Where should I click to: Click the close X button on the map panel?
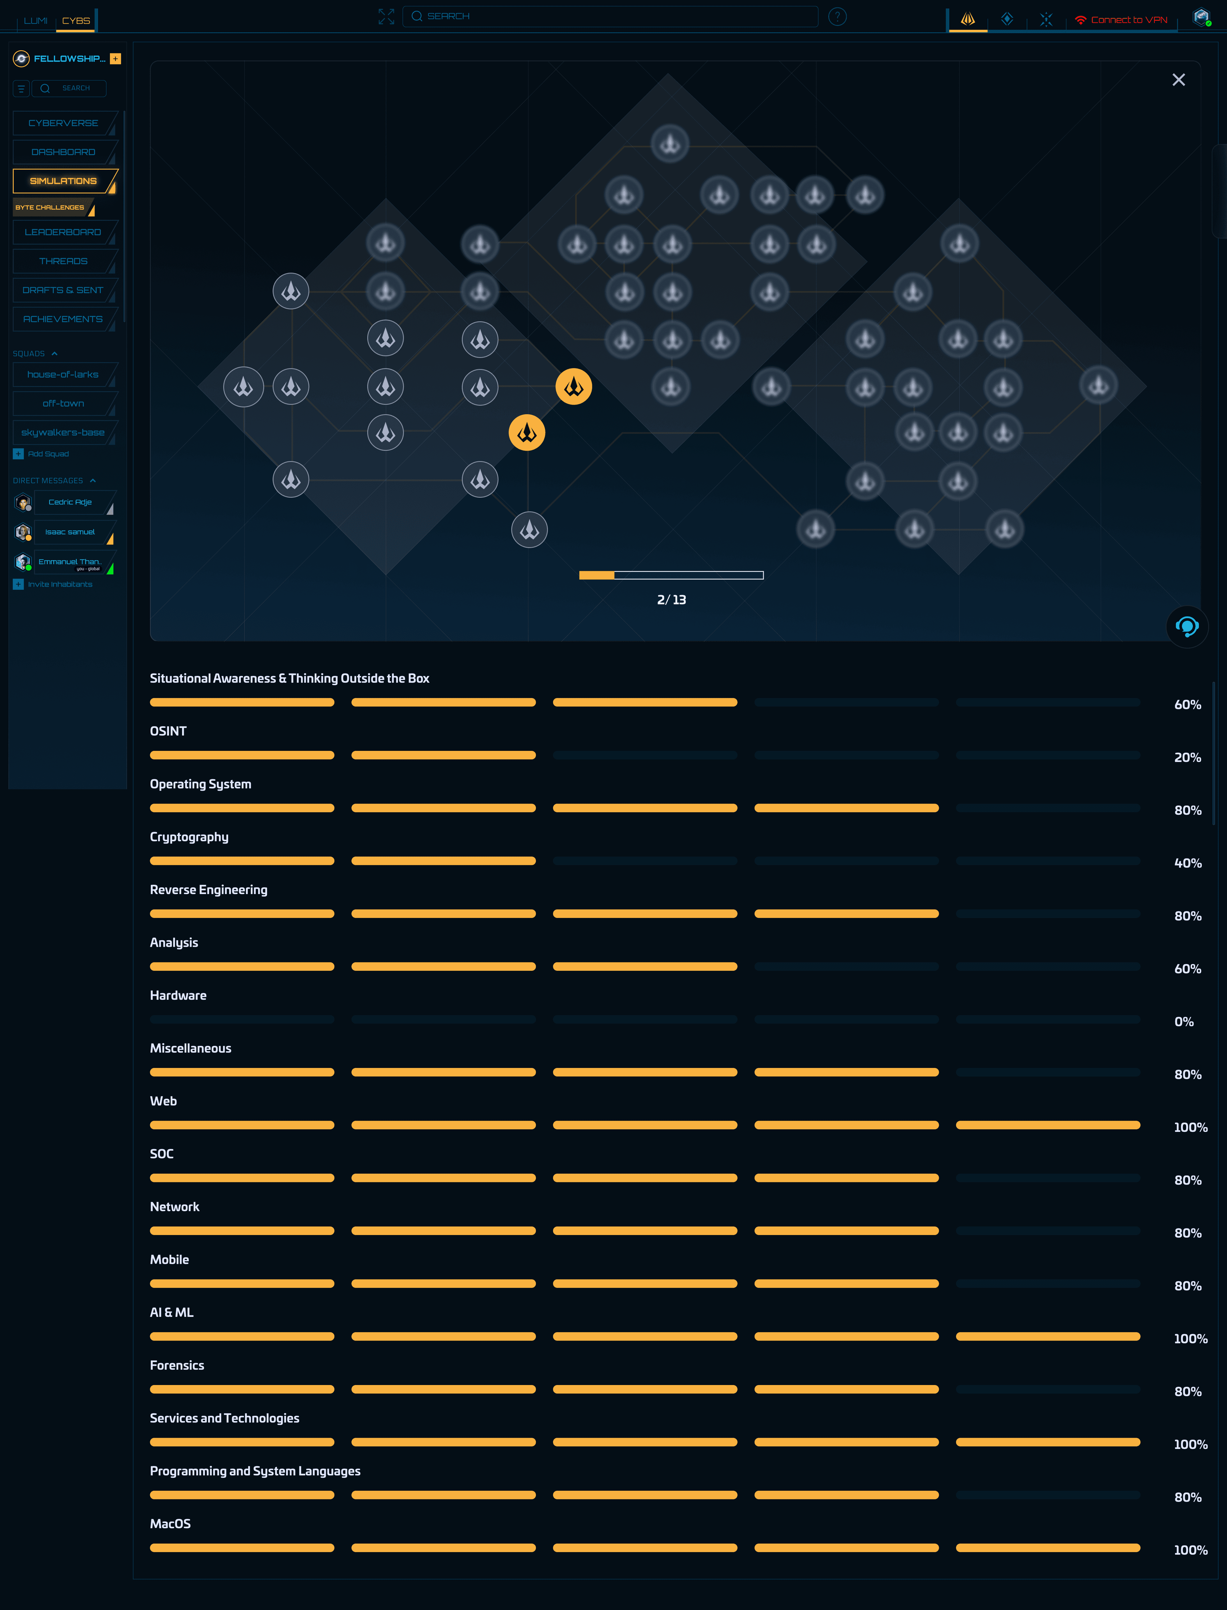tap(1178, 80)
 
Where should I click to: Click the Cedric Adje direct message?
tap(70, 502)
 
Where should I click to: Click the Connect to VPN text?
tap(1128, 20)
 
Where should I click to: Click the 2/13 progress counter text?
tap(671, 600)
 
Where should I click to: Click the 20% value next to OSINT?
tap(1187, 758)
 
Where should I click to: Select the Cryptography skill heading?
tap(189, 837)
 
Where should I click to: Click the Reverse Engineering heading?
tap(208, 890)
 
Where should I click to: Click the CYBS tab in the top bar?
tap(76, 20)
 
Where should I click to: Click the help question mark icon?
tap(837, 16)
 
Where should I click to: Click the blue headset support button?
tap(1187, 627)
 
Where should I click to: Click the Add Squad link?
tap(48, 455)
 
